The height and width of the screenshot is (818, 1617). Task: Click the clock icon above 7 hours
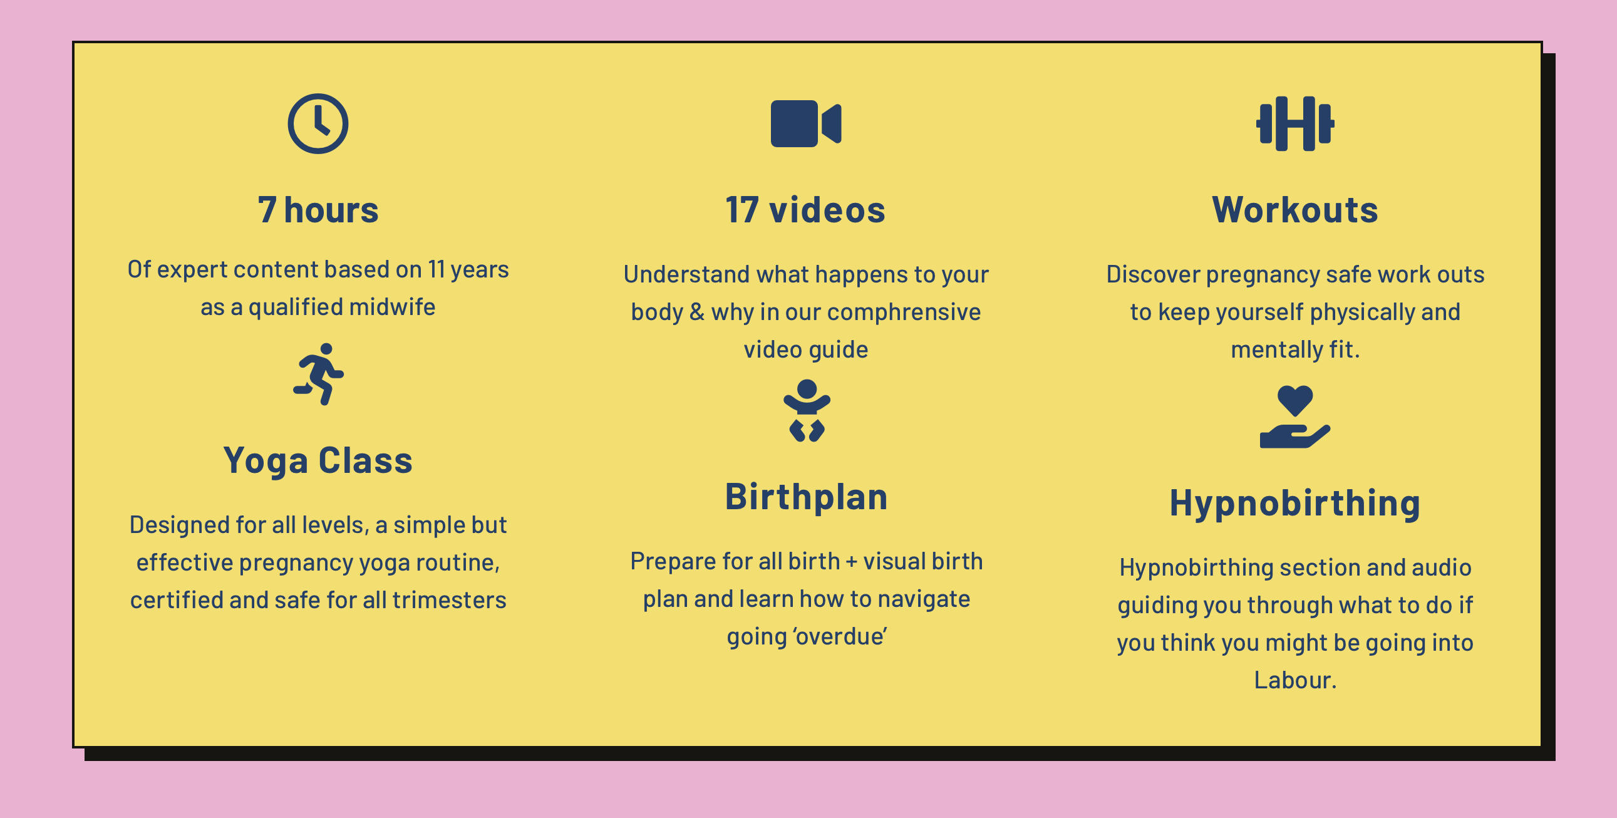[318, 123]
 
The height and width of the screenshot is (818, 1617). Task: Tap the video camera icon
[806, 123]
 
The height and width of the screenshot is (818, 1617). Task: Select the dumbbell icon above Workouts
[1295, 123]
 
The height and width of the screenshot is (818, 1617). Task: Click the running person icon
[319, 374]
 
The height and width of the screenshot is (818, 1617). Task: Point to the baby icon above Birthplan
[807, 411]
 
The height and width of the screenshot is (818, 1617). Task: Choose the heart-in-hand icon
[1295, 417]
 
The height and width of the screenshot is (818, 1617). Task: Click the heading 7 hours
[318, 210]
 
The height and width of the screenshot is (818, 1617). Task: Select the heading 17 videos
[805, 210]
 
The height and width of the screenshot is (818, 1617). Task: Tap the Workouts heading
[1295, 210]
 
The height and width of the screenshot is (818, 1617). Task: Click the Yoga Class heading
[318, 461]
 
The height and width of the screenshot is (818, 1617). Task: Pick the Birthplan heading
[807, 497]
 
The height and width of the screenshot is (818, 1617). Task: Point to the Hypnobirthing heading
[1295, 504]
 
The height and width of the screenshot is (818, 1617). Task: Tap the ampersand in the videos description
[697, 312]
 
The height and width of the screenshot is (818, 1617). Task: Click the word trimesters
[450, 600]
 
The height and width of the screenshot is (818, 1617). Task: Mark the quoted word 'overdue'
[840, 636]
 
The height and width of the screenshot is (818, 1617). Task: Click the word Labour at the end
[1295, 680]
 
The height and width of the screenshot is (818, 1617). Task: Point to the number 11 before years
[437, 269]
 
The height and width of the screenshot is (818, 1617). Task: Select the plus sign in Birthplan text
[851, 562]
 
